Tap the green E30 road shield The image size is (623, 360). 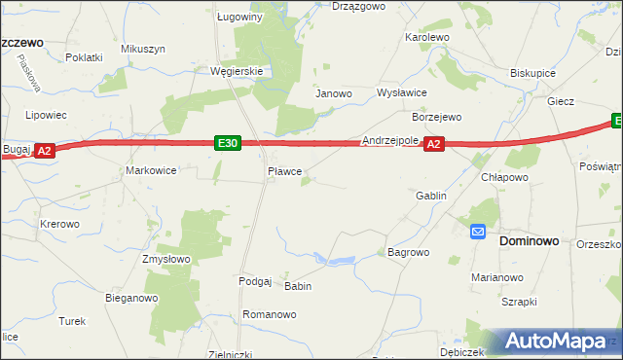pos(228,144)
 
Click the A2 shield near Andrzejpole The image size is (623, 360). pos(434,144)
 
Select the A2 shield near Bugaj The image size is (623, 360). pos(44,151)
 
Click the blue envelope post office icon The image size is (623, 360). pos(478,232)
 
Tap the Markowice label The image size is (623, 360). pos(151,170)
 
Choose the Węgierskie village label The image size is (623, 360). pos(238,71)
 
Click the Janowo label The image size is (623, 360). pos(332,93)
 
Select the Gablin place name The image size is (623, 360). pos(431,196)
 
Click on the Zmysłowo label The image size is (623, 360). pos(166,259)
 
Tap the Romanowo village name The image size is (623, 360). pos(269,314)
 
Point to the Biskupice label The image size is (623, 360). pos(532,73)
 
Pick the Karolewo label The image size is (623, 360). pos(426,37)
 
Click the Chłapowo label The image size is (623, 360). pos(504,178)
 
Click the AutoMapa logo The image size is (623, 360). pos(559,342)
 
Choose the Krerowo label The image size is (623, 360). pos(59,224)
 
